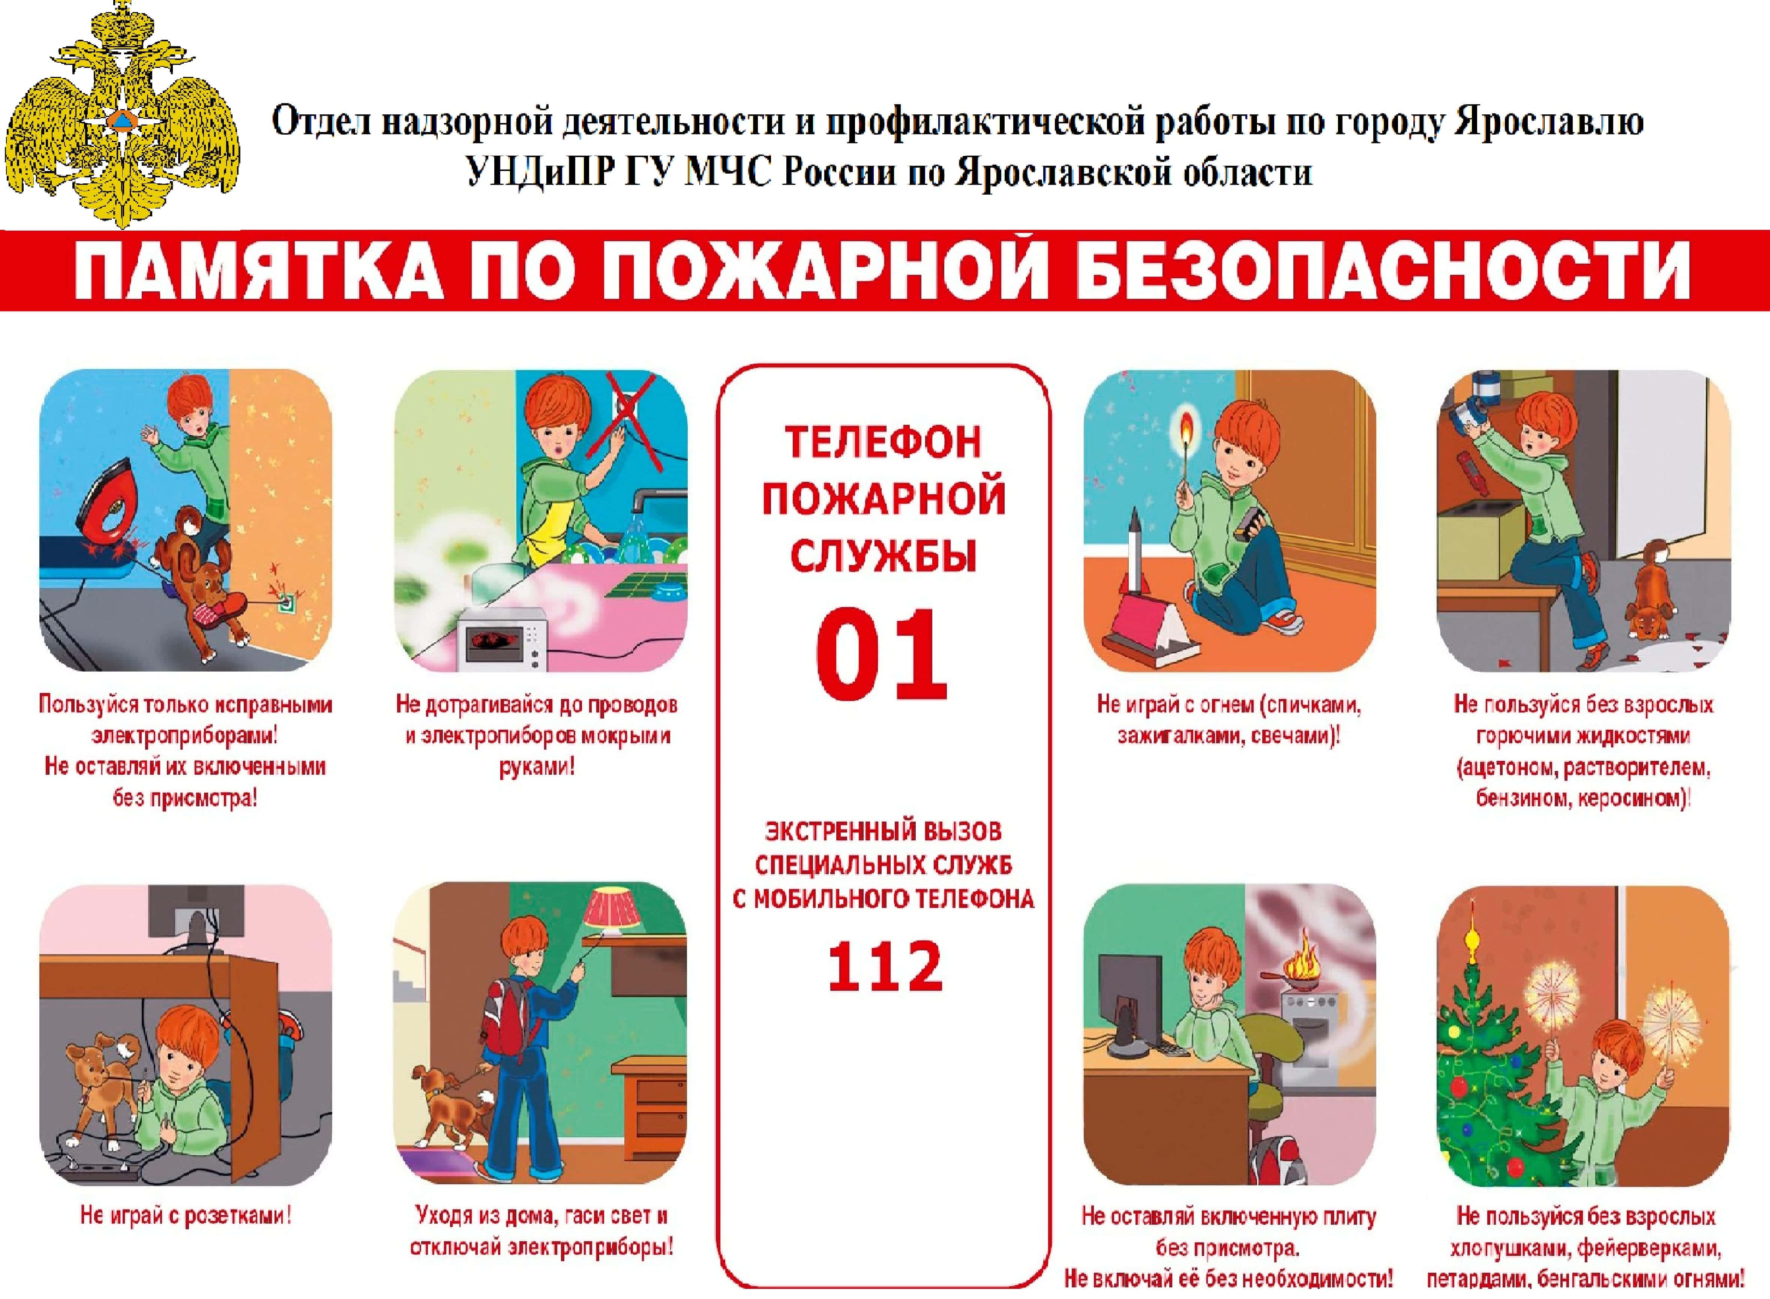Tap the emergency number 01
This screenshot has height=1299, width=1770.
point(882,654)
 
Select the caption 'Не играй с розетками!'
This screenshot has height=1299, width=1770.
point(186,1216)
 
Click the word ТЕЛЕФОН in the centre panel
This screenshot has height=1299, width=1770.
point(883,442)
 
